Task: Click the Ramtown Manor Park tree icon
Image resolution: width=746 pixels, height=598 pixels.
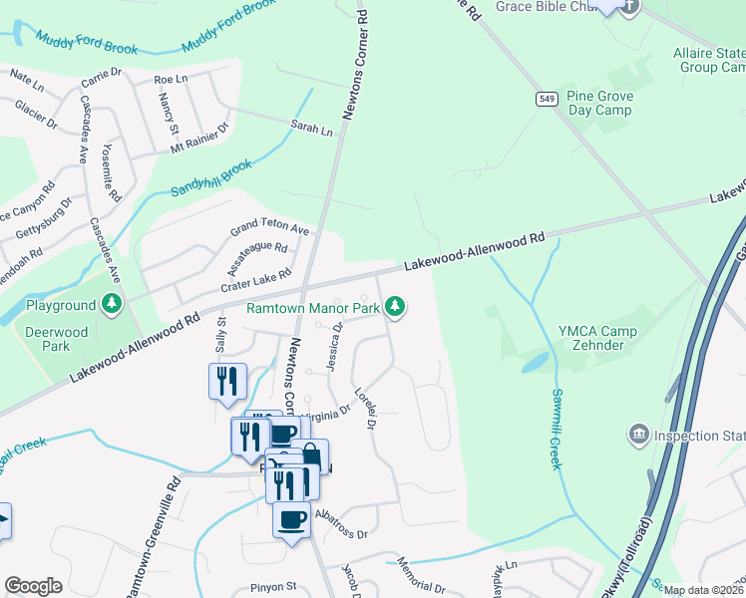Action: coord(396,306)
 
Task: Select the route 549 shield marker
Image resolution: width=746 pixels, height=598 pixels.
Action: coord(546,98)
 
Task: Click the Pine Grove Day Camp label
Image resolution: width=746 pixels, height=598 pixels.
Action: coord(598,103)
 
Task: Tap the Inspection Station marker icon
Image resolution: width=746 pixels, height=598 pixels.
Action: coord(638,435)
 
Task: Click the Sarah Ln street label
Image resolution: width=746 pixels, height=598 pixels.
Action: coord(311,130)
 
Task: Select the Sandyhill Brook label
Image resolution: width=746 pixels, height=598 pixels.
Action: coord(210,176)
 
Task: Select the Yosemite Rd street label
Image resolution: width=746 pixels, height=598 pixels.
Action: coord(111,171)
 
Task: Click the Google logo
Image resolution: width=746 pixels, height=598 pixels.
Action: coord(33,585)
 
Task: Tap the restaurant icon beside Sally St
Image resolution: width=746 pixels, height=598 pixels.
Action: coord(226,380)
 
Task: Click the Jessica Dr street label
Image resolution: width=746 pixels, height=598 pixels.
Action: coord(336,345)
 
